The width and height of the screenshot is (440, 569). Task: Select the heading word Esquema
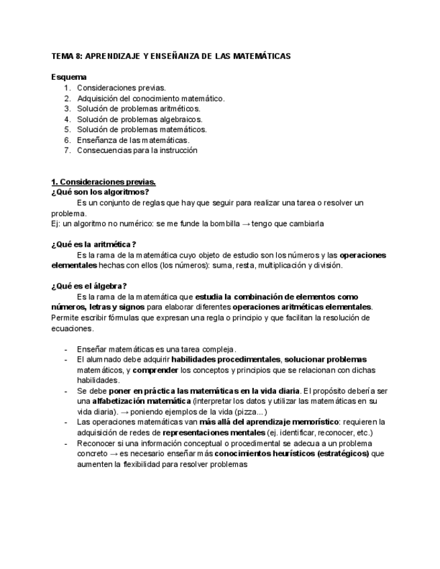[69, 76]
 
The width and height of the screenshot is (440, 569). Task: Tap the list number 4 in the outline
[68, 119]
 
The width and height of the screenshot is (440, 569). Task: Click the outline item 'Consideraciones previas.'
[121, 87]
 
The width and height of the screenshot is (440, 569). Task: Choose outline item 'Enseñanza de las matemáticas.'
[133, 140]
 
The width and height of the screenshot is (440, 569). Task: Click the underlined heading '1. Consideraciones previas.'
[103, 182]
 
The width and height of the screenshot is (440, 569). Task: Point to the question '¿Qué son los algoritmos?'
[100, 192]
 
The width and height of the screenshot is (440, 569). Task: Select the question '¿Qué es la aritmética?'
[93, 244]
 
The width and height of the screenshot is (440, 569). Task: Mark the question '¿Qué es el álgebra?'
[89, 286]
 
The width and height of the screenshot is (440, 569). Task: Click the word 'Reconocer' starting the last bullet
[95, 443]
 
